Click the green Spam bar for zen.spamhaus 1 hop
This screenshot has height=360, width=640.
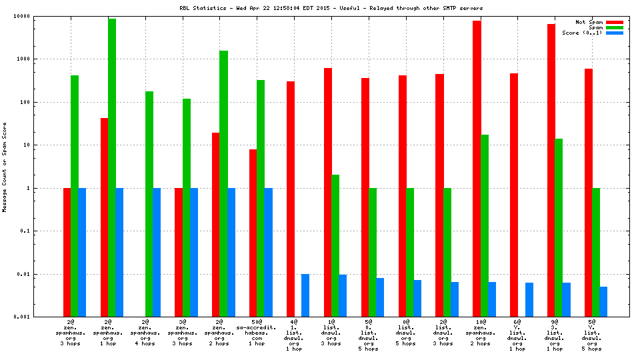pyautogui.click(x=112, y=167)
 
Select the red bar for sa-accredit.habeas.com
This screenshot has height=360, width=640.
pyautogui.click(x=253, y=233)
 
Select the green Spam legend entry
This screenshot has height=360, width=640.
pyautogui.click(x=593, y=27)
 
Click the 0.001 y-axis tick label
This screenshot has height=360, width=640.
pyautogui.click(x=41, y=317)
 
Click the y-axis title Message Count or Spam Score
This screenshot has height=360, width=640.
pyautogui.click(x=5, y=167)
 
